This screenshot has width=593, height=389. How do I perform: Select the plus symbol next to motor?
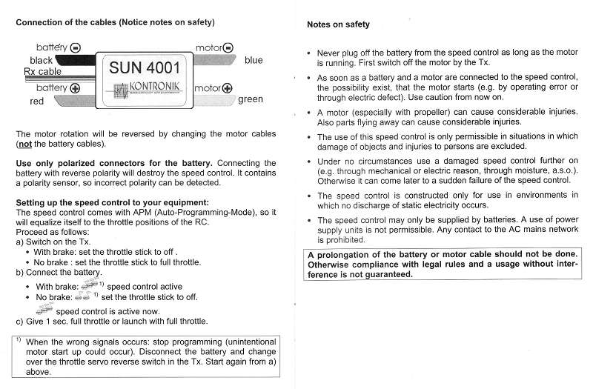tap(227, 89)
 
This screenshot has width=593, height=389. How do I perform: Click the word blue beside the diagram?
tap(254, 60)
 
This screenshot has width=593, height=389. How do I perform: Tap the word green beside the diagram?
tap(251, 99)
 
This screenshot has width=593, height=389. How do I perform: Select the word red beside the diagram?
tap(37, 102)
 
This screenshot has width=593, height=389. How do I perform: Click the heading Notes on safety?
tap(338, 24)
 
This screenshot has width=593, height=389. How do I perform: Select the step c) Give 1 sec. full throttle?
tap(111, 322)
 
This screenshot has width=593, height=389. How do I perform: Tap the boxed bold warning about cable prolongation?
tap(443, 264)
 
